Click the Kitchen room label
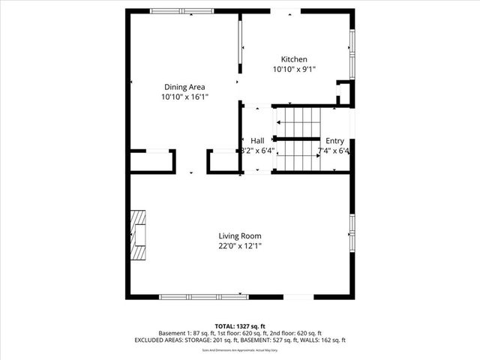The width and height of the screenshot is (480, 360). click(x=294, y=60)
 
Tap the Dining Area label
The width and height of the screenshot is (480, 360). click(x=184, y=87)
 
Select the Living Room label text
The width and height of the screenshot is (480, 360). click(x=240, y=235)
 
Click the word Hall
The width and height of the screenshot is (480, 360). click(x=257, y=140)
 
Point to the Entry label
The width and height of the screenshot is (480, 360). click(x=334, y=140)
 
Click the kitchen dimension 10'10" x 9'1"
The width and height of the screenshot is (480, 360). click(x=294, y=70)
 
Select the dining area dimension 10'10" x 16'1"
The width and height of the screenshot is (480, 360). click(x=184, y=97)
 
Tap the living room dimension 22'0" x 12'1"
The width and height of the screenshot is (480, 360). click(x=240, y=245)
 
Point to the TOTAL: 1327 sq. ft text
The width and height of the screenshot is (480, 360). click(x=240, y=326)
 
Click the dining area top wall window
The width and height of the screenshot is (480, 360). click(x=181, y=11)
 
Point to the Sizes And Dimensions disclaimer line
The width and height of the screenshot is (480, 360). click(x=240, y=349)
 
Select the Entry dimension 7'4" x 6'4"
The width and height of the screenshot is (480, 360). click(x=334, y=151)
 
